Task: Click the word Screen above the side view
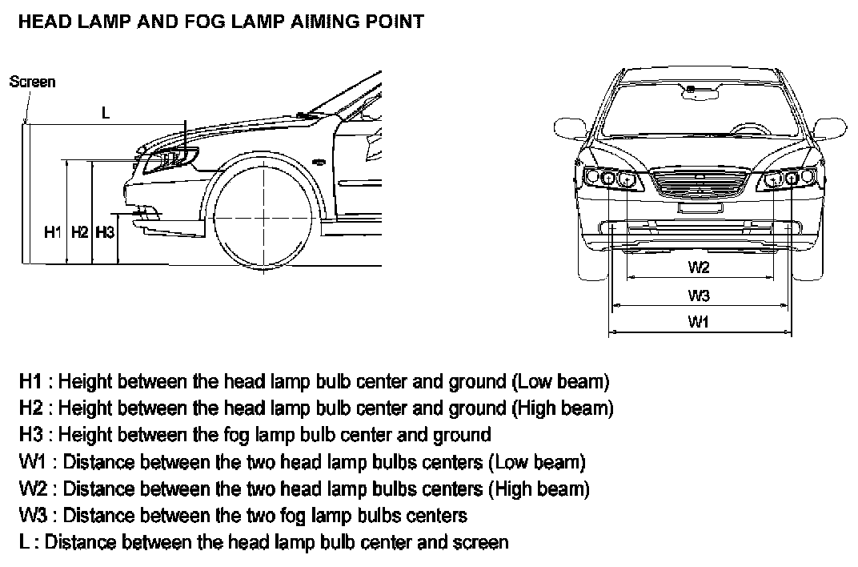point(33,82)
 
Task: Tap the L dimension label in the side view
point(106,114)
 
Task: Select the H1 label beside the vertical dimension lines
point(53,232)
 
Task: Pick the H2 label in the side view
point(79,232)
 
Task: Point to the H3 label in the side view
point(105,232)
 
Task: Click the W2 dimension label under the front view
point(699,267)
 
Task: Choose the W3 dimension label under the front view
point(699,296)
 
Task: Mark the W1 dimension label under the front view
point(699,322)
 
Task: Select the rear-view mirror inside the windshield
point(700,94)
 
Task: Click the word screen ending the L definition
point(478,542)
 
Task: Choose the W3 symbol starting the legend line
point(34,515)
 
